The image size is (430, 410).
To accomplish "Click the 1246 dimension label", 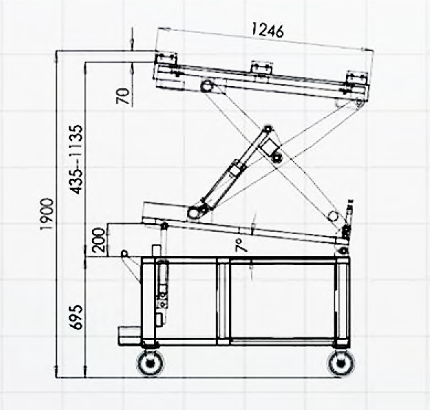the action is click(x=267, y=30).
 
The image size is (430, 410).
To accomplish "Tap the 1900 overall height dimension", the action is click(x=46, y=214).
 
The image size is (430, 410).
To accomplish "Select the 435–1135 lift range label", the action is click(x=75, y=160).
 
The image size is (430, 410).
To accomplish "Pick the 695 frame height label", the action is click(x=75, y=317).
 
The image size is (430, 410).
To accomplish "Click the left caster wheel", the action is click(x=149, y=363).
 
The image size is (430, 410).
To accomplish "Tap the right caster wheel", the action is click(x=341, y=364).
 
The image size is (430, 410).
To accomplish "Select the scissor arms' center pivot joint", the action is click(x=276, y=158).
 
